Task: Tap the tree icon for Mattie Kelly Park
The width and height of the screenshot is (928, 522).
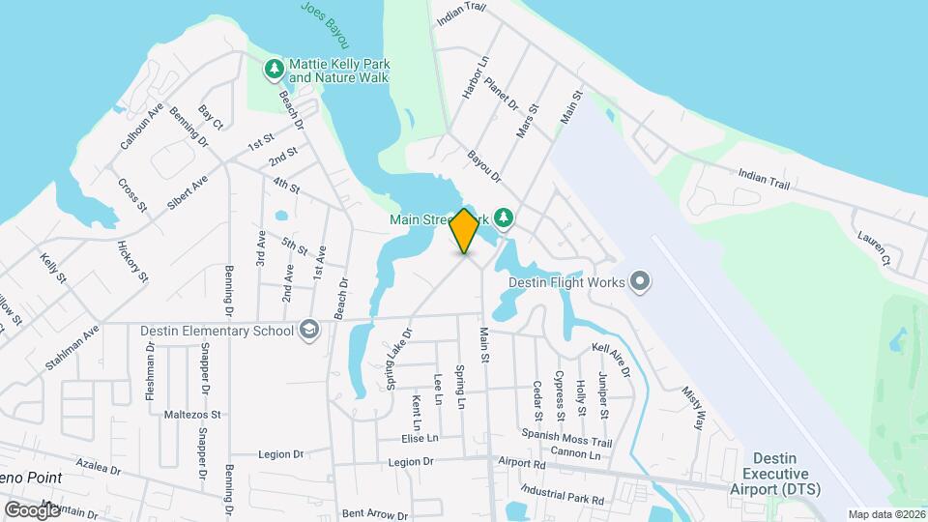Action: [275, 69]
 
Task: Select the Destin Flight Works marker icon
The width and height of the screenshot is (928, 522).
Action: [639, 282]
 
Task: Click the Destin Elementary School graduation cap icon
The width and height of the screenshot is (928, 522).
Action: [309, 331]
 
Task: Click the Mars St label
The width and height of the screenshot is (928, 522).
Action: [527, 123]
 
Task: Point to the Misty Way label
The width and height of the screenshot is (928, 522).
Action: [693, 398]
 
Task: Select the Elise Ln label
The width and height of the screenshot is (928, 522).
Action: [420, 438]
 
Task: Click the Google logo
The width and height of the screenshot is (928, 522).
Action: [32, 509]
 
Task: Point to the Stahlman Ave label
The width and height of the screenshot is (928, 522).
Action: [72, 348]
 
